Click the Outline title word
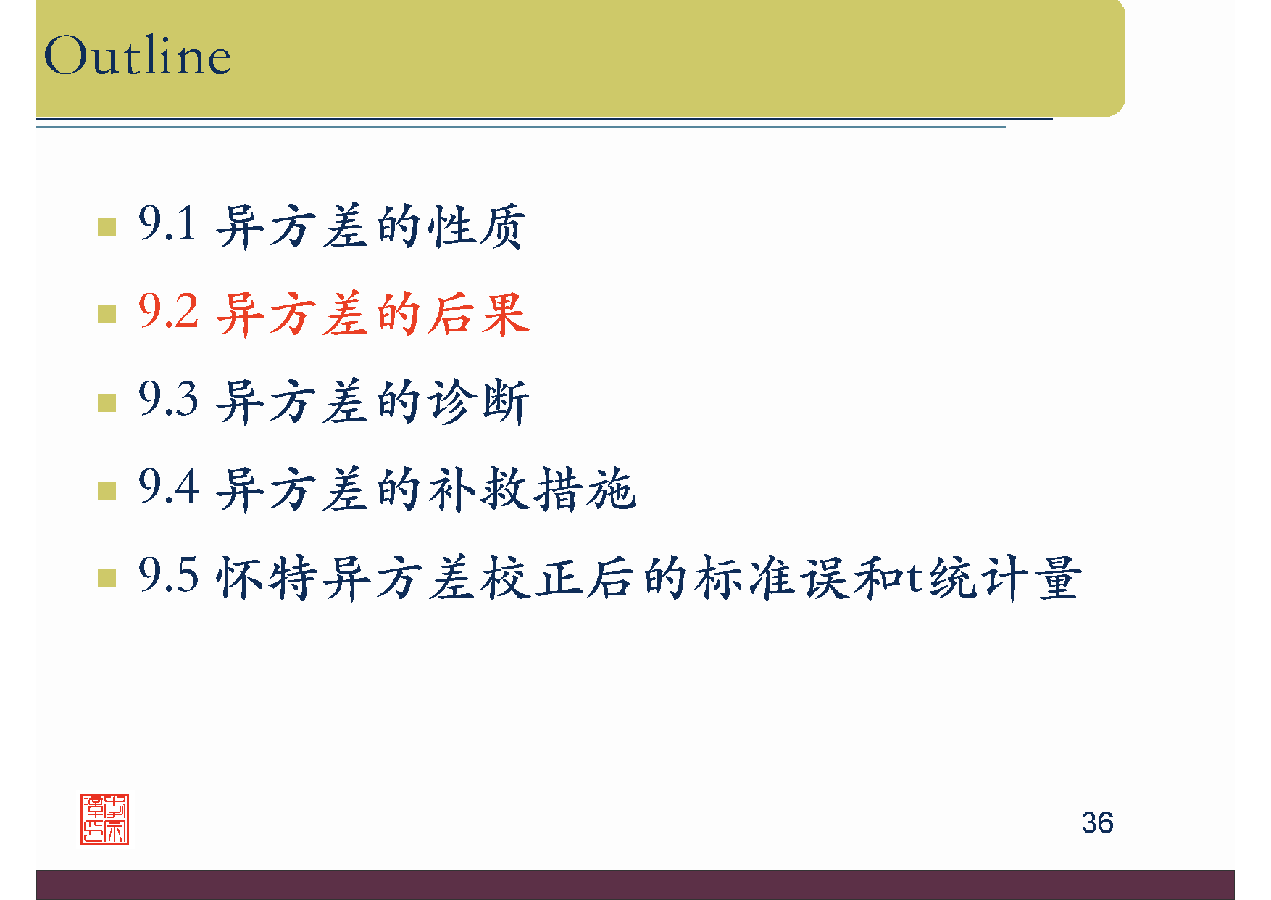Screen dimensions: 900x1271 138,56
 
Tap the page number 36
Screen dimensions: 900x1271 1097,823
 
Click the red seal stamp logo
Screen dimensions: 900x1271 104,820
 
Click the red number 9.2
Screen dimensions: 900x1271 168,312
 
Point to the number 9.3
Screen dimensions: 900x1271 168,400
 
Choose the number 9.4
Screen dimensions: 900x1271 168,487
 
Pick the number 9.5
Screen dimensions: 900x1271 168,576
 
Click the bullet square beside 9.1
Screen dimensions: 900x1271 107,227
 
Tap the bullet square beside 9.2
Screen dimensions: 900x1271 107,315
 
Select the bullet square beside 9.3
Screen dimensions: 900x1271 107,402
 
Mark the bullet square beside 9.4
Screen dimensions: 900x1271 107,491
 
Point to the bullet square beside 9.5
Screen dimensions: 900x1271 107,579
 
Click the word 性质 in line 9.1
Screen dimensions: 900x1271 476,226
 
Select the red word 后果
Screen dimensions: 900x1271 478,314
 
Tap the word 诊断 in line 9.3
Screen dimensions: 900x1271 478,402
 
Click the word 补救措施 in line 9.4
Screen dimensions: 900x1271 533,490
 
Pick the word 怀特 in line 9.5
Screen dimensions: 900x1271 267,578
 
